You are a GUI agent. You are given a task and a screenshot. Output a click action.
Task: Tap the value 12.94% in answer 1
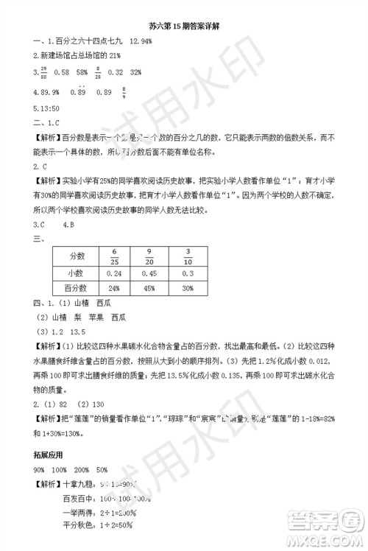140,42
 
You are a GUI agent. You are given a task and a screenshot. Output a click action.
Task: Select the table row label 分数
79,256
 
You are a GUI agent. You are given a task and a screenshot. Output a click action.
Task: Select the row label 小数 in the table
79,273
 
